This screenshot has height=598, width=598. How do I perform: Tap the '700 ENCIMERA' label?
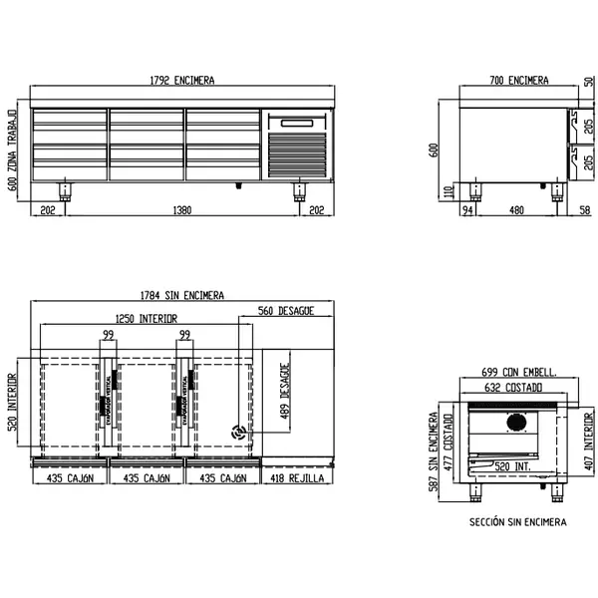point(518,80)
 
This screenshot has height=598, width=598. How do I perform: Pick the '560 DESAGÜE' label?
point(287,311)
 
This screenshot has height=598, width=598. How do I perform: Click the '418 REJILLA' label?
point(295,478)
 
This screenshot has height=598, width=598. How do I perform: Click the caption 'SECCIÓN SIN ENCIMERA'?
point(517,521)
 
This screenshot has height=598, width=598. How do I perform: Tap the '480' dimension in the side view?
point(516,210)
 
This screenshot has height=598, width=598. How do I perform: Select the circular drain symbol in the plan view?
point(238,433)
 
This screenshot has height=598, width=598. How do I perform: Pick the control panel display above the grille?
point(296,124)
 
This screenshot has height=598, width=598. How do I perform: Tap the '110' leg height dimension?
point(448,190)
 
